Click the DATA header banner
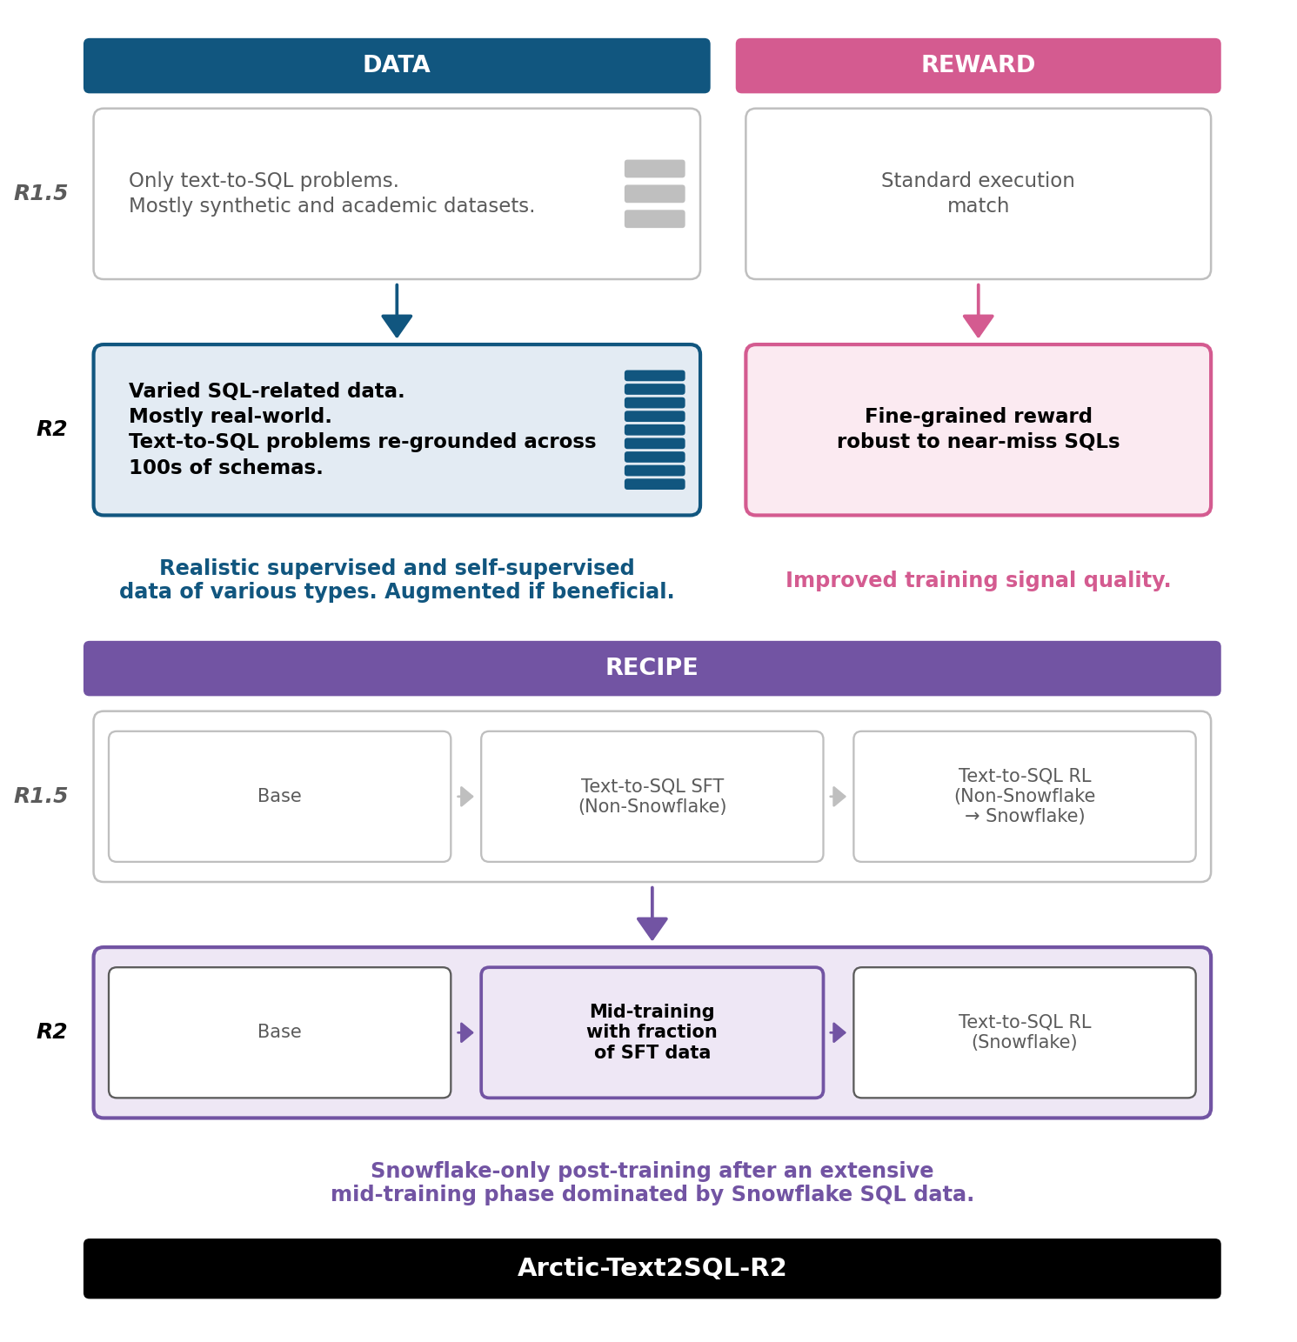point(397,65)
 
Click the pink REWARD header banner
point(978,65)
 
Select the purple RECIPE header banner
point(652,668)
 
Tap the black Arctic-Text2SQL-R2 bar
point(652,1268)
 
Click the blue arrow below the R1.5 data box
point(397,310)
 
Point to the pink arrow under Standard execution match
point(978,310)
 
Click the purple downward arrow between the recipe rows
point(652,913)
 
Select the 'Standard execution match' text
point(978,193)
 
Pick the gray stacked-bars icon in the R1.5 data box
point(654,193)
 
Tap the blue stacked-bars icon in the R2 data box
point(654,430)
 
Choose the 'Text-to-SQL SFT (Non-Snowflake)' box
point(652,797)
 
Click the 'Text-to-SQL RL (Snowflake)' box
point(1025,1032)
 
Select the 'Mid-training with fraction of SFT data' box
point(652,1032)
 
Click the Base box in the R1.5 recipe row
point(279,797)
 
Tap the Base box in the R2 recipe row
point(279,1032)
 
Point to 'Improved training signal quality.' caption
point(978,580)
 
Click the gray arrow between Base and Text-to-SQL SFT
point(465,797)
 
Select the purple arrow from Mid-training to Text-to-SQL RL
point(838,1032)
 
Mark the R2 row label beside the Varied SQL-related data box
point(51,429)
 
